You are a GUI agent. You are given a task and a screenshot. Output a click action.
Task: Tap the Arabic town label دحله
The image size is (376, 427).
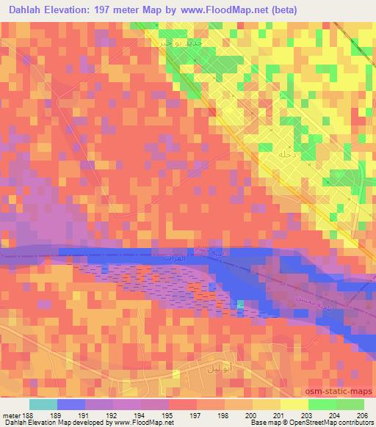pyautogui.click(x=286, y=155)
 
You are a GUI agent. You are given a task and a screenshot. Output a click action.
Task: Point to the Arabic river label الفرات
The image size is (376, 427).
pyautogui.click(x=175, y=260)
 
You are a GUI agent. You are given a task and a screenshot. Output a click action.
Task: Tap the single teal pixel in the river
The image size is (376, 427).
pyautogui.click(x=240, y=304)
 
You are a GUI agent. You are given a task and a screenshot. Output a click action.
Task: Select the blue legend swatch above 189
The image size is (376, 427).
pyautogui.click(x=71, y=404)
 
